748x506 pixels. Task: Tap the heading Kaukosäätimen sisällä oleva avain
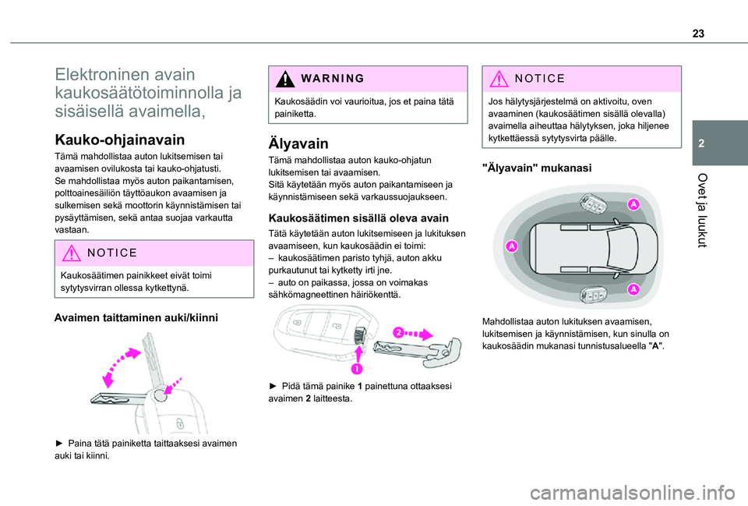(358, 218)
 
